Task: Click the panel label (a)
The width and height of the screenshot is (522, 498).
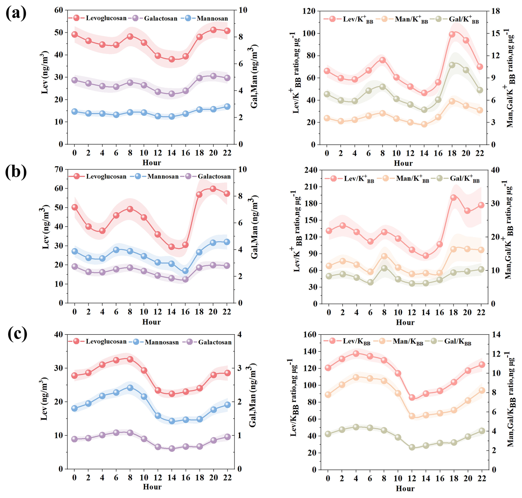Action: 16,13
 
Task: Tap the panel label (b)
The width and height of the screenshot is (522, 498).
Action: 16,172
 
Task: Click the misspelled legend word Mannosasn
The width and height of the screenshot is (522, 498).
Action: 162,342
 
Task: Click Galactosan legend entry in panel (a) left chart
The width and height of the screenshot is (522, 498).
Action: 160,18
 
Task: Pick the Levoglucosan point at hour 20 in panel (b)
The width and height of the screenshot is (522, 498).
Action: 213,189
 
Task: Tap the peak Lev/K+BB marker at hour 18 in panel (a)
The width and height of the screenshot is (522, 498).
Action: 452,34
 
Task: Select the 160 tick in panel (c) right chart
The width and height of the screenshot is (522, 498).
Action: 310,334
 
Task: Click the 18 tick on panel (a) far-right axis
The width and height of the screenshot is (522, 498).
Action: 496,11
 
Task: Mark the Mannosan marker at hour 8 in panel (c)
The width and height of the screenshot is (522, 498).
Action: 130,388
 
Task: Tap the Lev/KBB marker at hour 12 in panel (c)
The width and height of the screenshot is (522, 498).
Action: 412,397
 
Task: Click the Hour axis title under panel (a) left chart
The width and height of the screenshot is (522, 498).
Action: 151,163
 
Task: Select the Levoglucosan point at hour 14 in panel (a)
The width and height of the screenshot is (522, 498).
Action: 172,59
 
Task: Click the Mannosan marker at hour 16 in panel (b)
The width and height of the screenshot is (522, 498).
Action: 185,271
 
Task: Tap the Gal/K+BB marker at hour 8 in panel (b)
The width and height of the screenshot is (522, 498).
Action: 384,268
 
